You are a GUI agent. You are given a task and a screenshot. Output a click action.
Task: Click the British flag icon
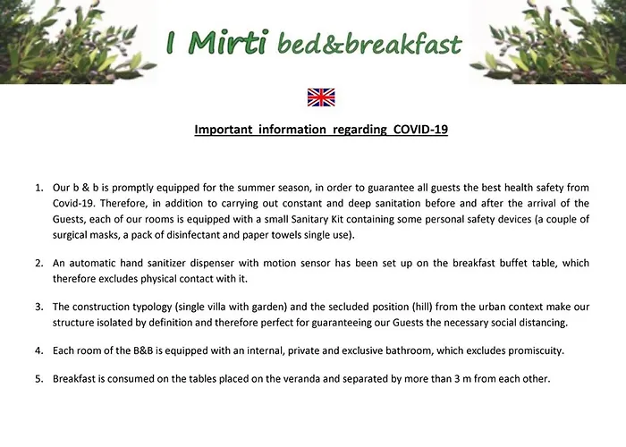[x=321, y=97]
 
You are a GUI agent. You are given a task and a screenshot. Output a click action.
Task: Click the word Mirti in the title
[x=227, y=42]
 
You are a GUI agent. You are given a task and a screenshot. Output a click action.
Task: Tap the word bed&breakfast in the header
[x=369, y=44]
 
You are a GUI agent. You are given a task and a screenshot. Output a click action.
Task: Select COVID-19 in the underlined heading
[x=420, y=130]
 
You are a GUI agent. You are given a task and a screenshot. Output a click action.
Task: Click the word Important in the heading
[x=224, y=130]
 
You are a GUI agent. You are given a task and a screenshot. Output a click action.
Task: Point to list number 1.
[x=38, y=188]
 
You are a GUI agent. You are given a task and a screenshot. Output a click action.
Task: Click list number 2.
[x=38, y=263]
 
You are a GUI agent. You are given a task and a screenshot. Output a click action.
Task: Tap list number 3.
[x=38, y=307]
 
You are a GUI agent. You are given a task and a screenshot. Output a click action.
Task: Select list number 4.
[x=38, y=350]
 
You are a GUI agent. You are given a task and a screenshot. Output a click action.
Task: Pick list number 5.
[x=38, y=379]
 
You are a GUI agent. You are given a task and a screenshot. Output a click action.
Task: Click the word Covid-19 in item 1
[x=73, y=204]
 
